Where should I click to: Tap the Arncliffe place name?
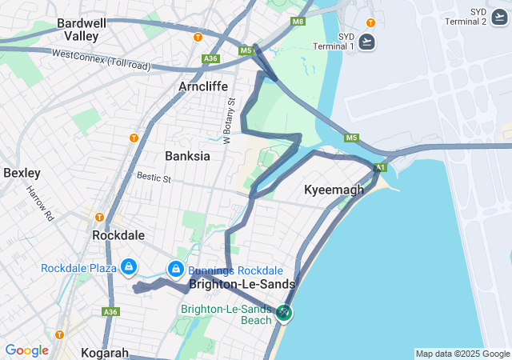pos(203,86)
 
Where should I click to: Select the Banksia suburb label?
pos(187,156)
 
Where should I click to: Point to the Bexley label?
pos(22,173)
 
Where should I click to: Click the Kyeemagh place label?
pos(334,190)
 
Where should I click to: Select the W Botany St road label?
pos(227,120)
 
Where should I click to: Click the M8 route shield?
pos(298,22)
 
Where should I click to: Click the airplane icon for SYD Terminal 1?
pos(367,42)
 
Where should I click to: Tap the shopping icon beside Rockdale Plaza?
pos(128,266)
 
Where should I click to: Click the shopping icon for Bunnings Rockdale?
pos(175,269)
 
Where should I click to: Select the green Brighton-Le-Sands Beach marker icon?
pos(284,313)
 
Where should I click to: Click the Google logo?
pos(26,350)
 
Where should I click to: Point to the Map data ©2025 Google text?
pos(462,354)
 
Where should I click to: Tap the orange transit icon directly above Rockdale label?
pos(100,217)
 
